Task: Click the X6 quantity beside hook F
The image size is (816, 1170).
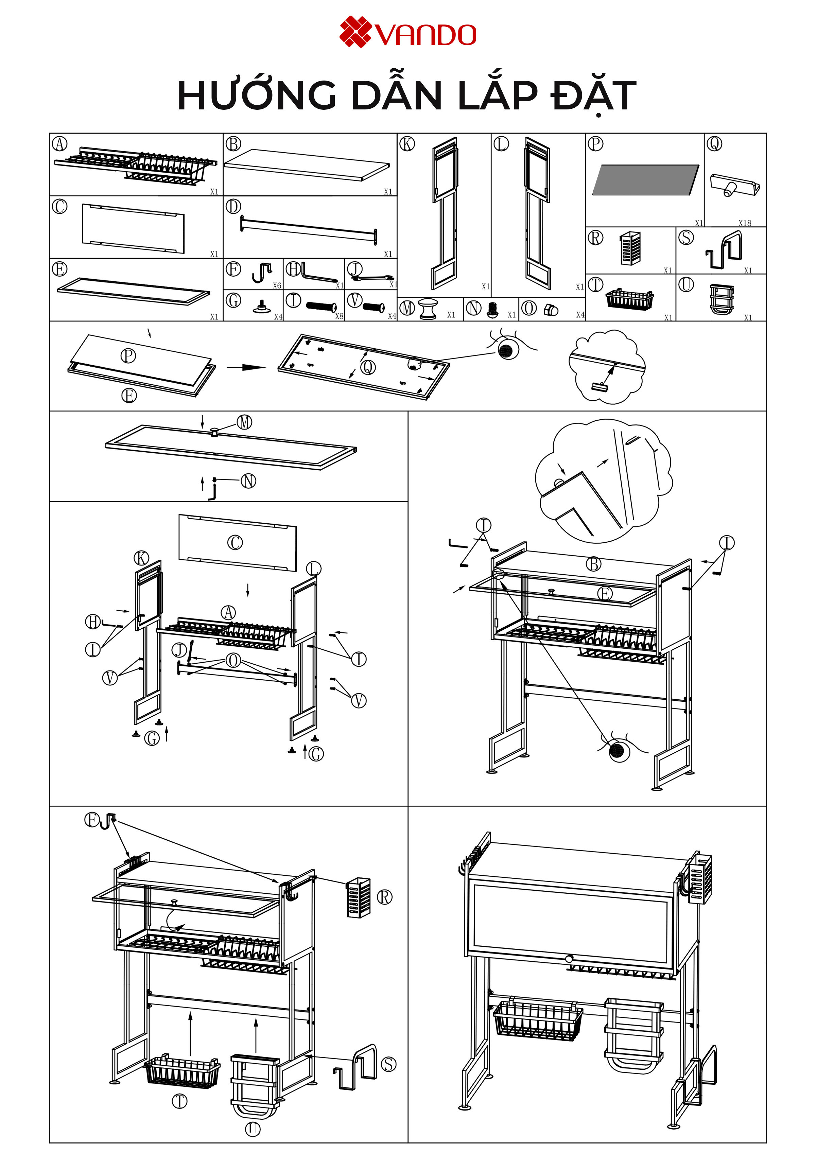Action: click(277, 285)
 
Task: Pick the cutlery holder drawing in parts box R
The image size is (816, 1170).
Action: click(630, 248)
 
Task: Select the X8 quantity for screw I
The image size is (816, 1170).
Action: click(339, 316)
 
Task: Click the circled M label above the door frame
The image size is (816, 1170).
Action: click(245, 422)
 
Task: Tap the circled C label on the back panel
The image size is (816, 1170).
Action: click(235, 542)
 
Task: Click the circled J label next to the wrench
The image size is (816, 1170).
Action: click(179, 650)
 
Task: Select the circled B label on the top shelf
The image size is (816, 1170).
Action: click(593, 564)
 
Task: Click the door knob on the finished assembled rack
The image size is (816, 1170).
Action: click(569, 959)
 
